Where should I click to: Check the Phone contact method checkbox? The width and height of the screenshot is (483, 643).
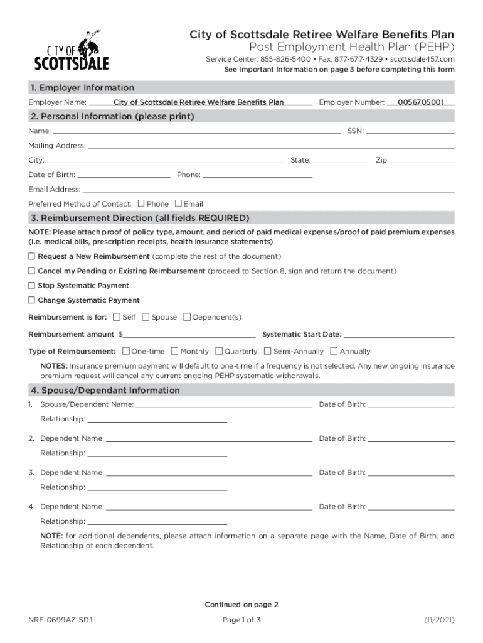coord(141,203)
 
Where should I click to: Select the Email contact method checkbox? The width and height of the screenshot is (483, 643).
coord(178,203)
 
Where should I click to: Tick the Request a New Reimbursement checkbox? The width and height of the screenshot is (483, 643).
coord(31,256)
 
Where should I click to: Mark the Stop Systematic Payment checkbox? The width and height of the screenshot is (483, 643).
coord(31,285)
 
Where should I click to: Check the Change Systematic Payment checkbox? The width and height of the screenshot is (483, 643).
coord(31,300)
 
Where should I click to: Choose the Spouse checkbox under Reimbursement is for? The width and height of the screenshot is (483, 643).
coord(146,317)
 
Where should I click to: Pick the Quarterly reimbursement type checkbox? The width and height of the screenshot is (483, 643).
coord(219,351)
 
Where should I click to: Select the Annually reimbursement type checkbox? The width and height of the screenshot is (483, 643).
coord(334,351)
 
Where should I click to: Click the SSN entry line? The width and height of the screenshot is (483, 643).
coord(410,132)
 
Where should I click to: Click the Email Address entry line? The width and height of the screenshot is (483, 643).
coord(268,190)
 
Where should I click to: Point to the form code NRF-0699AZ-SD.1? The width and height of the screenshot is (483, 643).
coord(61,620)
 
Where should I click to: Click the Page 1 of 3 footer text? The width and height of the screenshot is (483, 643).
coord(242,620)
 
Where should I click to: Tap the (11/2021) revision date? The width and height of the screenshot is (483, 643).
coord(439,620)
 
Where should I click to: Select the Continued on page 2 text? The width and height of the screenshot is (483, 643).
coord(242,605)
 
